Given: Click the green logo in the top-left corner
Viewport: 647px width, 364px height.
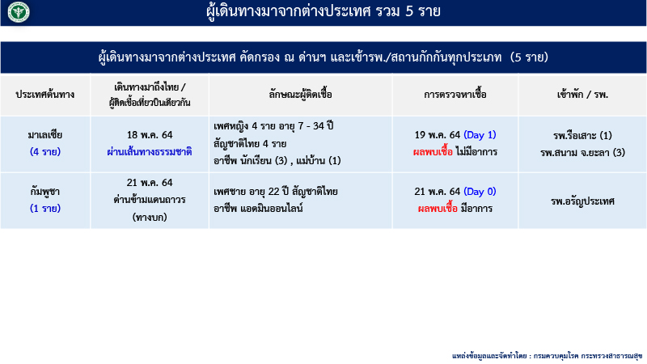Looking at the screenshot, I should click(x=15, y=12).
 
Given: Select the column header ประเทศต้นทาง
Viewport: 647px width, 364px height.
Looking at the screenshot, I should click(x=45, y=95).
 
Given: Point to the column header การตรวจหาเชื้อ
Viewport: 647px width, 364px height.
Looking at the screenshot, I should click(x=455, y=95).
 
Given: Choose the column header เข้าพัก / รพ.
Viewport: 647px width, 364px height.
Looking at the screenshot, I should click(x=582, y=95).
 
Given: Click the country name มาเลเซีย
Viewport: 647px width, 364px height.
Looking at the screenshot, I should click(x=45, y=135).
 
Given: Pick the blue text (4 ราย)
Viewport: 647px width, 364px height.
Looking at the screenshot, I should click(x=45, y=151).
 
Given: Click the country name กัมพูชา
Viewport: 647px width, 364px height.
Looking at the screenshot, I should click(x=45, y=192).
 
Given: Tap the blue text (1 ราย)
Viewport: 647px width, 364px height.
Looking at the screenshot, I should click(x=45, y=208).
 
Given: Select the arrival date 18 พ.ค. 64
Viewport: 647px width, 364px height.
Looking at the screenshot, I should click(x=150, y=135).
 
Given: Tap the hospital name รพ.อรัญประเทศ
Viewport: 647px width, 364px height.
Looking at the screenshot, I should click(x=582, y=200).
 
